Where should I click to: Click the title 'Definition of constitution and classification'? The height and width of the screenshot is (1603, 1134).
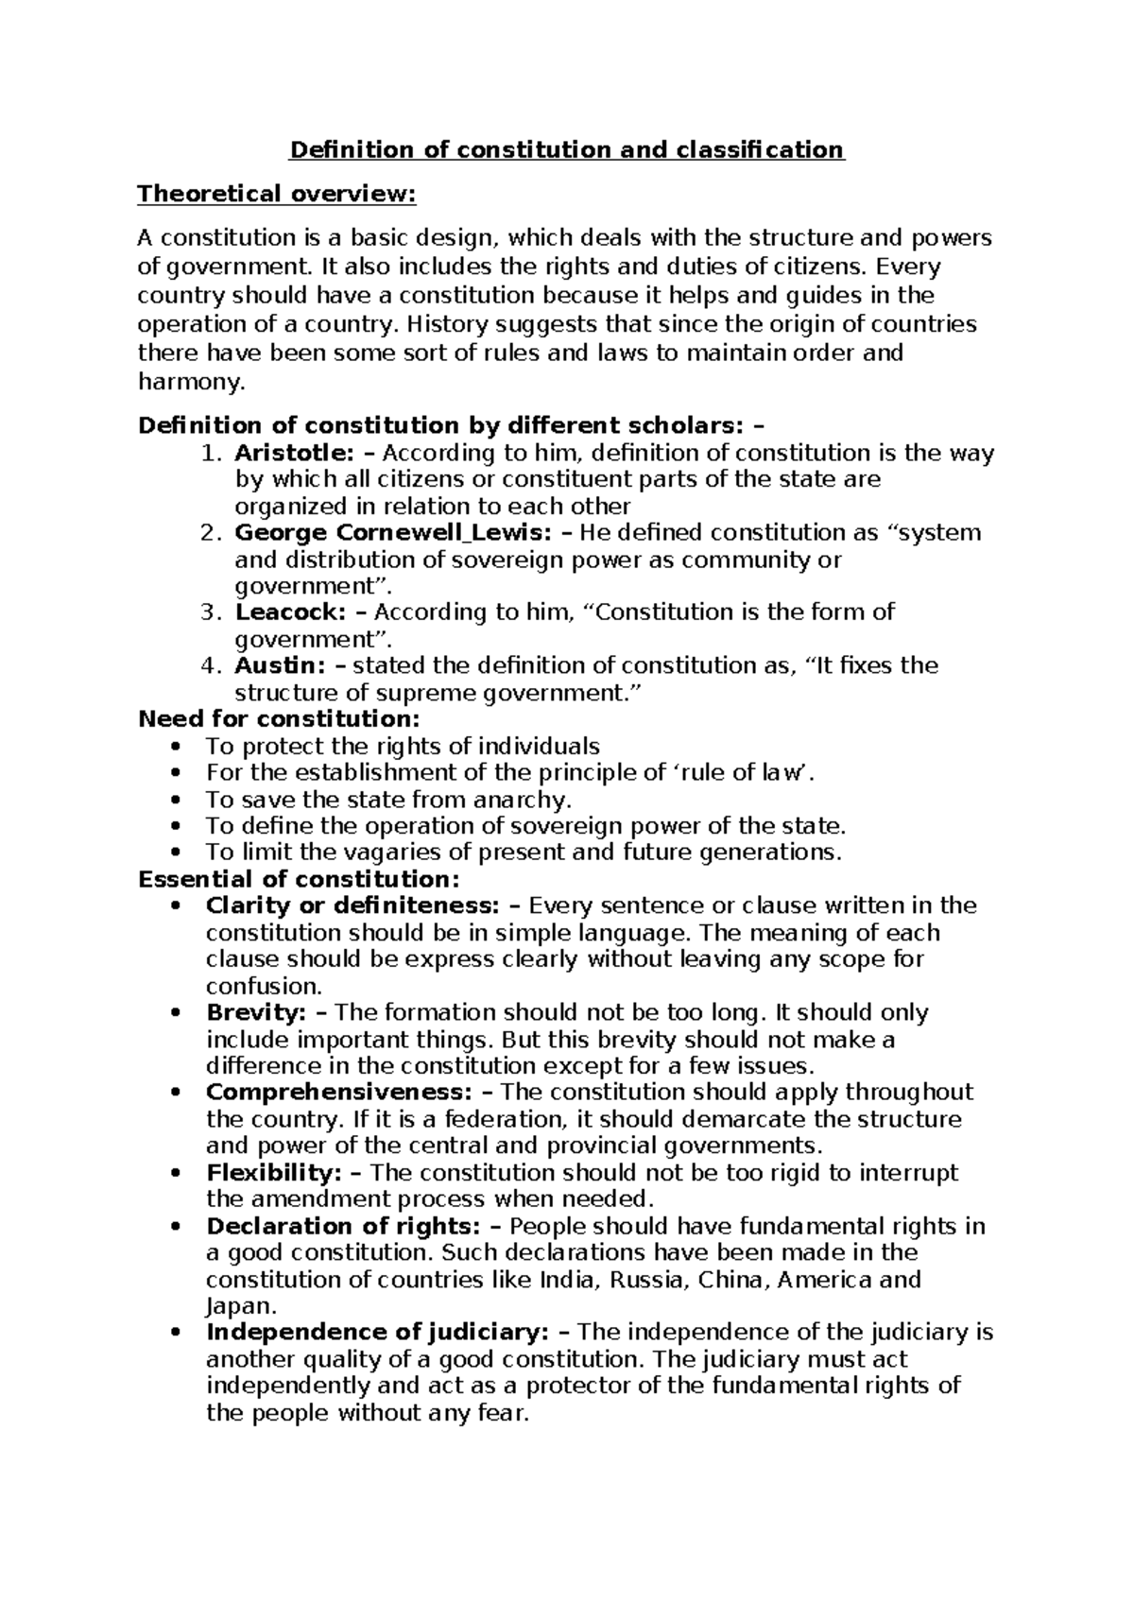[x=566, y=150]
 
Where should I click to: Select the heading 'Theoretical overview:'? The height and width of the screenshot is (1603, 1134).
[x=276, y=195]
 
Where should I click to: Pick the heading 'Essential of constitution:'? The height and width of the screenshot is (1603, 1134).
[x=299, y=879]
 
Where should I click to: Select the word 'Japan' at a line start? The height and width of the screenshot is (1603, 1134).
[x=238, y=1307]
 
